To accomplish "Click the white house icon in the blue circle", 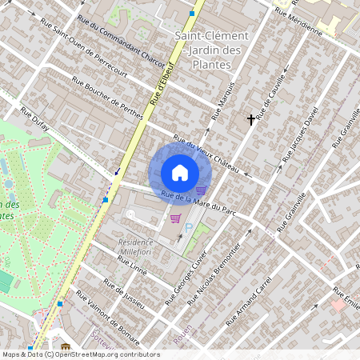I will coord(180,173).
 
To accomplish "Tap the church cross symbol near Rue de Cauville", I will coord(251,119).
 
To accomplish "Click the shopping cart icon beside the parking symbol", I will coord(175,218).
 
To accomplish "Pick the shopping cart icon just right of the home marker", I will coord(201,190).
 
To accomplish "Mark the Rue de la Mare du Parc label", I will coord(200,204).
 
